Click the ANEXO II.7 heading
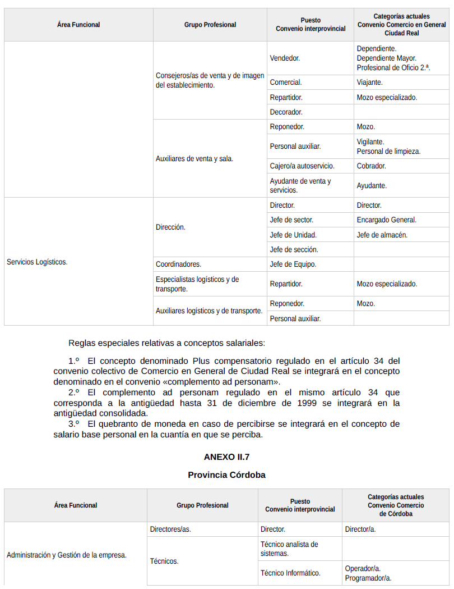coord(226,456)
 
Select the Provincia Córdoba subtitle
coord(226,475)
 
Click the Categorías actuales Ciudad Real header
coord(401,25)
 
